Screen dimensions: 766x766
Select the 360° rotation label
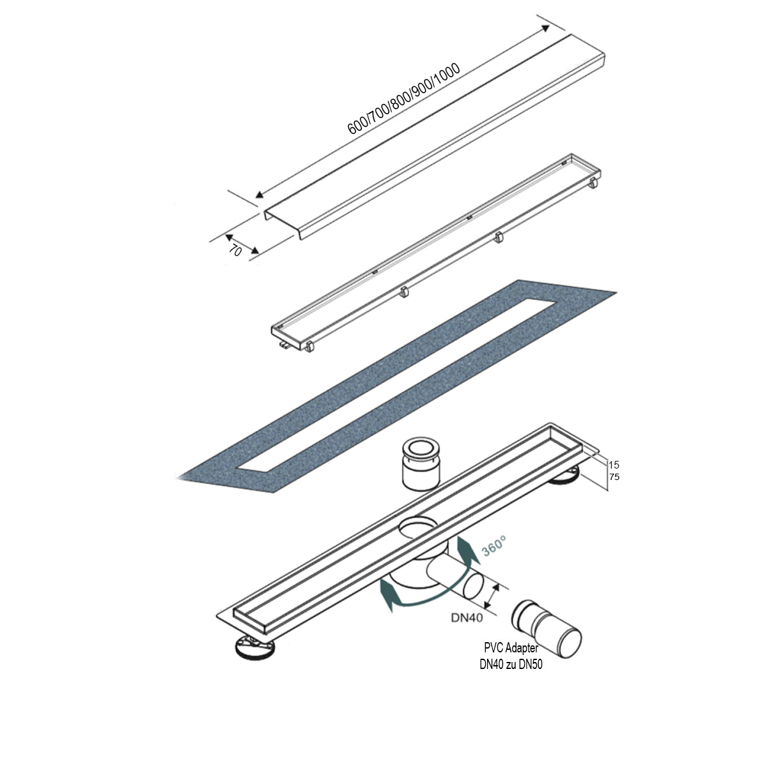(495, 547)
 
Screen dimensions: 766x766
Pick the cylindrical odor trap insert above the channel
(419, 464)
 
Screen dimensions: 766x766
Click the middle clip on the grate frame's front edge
(403, 292)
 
